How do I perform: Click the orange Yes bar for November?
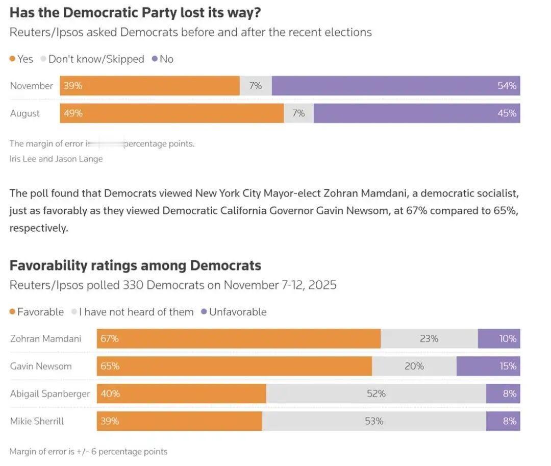(149, 86)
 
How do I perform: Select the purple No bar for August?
(417, 113)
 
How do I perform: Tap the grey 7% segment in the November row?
(256, 86)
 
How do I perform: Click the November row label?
(32, 86)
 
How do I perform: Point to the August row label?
(25, 113)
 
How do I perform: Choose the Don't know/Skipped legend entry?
(96, 59)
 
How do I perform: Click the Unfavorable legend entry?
(237, 312)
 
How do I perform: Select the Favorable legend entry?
(40, 312)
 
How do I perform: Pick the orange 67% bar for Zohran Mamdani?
(238, 338)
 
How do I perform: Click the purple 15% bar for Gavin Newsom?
(488, 366)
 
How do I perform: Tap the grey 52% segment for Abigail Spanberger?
(376, 394)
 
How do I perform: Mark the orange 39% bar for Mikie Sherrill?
(179, 421)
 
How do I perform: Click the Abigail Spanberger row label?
(50, 394)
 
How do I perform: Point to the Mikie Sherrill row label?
(37, 421)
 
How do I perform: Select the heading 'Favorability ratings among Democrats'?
(135, 265)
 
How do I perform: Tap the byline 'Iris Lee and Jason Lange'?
(56, 159)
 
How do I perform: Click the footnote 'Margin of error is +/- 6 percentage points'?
(88, 451)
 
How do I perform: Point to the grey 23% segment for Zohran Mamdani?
(429, 338)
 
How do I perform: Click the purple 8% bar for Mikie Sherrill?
(503, 421)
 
